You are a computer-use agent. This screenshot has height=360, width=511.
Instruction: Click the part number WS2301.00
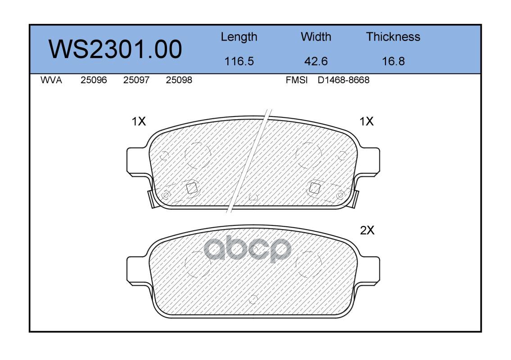(115, 49)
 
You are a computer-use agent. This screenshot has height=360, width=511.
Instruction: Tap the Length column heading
(239, 37)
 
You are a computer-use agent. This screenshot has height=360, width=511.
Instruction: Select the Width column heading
(316, 37)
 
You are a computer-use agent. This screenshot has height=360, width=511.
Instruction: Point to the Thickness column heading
(393, 37)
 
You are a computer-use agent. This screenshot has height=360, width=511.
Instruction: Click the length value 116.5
(239, 61)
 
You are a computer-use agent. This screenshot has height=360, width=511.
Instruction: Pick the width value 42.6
(316, 61)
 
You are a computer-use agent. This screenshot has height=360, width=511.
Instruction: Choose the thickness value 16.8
(393, 61)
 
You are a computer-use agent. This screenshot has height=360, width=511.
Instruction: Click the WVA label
(51, 80)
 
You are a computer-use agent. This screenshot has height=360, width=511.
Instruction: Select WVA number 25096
(94, 80)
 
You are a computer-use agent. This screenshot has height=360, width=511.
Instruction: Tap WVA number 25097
(136, 80)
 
